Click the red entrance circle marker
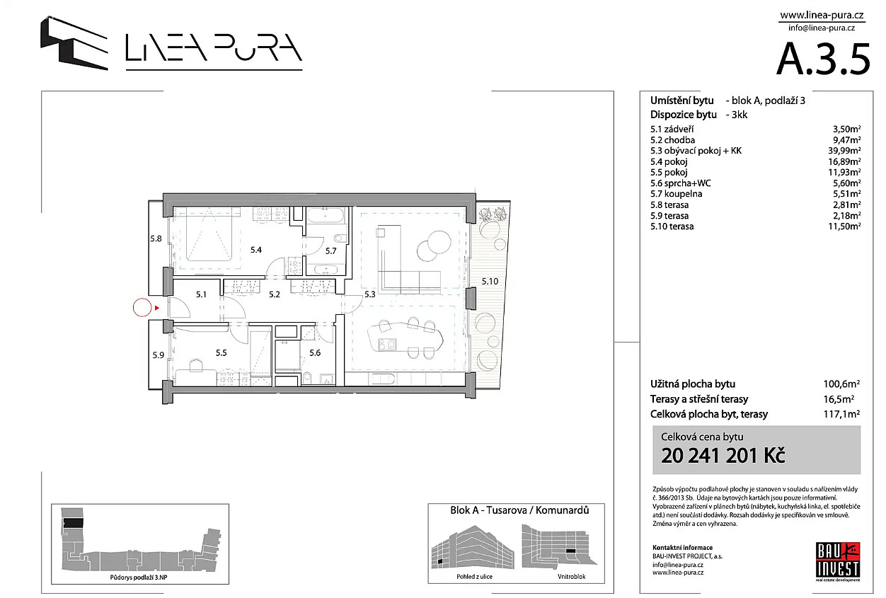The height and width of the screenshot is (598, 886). pos(142,308)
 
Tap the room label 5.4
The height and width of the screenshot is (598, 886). pos(256,250)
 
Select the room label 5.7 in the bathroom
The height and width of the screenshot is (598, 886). pos(330,251)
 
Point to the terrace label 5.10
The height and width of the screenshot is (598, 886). pos(490,282)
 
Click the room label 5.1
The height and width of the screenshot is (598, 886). pos(201,294)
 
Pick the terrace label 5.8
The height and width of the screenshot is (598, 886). pos(156,239)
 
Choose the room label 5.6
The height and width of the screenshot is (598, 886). pos(315,353)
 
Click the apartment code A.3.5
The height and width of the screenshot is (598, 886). pos(823,59)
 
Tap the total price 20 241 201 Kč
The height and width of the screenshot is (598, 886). pos(723,456)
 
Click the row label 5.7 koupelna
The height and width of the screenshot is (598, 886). pos(677,194)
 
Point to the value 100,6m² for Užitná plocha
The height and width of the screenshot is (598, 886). pos(841,384)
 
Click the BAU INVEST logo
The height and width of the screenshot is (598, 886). pos(838,562)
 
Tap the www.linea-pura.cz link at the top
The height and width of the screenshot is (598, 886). pos(822,16)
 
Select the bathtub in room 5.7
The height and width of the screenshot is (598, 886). pos(325,217)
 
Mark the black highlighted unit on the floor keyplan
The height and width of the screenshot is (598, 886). pos(74,523)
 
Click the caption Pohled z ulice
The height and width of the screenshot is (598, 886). pos(474,577)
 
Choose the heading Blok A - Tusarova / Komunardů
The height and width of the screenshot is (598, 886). pos(519,510)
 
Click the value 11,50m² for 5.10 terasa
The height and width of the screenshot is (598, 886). pos(844,226)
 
